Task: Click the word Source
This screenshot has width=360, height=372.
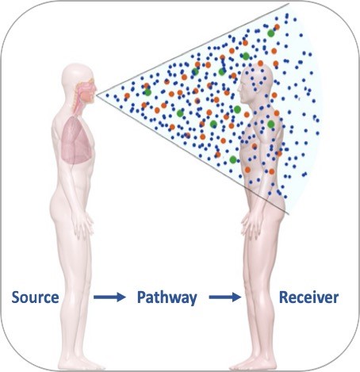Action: pos(35,297)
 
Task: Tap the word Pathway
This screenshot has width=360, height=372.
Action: pos(167,298)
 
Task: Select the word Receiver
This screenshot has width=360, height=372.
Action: pos(308,297)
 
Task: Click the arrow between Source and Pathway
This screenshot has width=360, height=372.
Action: pos(109,297)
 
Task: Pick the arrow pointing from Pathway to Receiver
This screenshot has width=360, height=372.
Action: pos(225,297)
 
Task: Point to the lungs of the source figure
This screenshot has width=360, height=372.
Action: pos(77,140)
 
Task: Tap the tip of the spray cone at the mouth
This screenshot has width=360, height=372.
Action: pos(97,94)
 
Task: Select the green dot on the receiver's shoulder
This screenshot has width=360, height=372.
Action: pos(271,124)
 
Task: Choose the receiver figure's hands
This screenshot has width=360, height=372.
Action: pos(250,224)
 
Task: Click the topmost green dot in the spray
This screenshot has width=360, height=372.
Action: pos(270,33)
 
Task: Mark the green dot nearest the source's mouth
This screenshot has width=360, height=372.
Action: pos(147,92)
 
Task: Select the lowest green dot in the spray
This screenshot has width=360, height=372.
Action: pos(233,159)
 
